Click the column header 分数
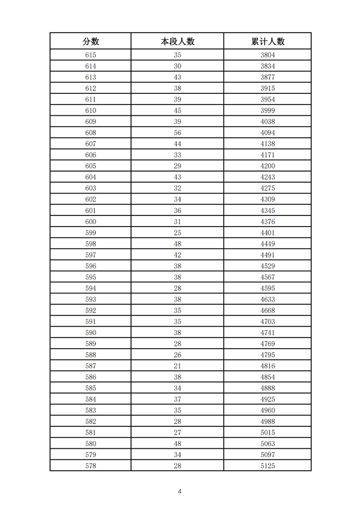(x=91, y=41)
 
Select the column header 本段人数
(x=177, y=41)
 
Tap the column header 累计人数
(x=267, y=41)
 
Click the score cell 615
(x=91, y=55)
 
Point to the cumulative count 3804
(x=267, y=55)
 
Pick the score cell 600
(x=91, y=222)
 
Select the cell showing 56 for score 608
(x=177, y=133)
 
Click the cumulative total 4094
(x=267, y=133)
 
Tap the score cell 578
(x=91, y=466)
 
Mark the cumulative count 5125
(x=267, y=466)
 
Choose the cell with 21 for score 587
(x=177, y=366)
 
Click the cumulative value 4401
(x=267, y=233)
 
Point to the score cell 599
(x=91, y=233)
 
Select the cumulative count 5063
(x=267, y=444)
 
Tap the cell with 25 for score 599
(x=177, y=233)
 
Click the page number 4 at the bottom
(x=179, y=491)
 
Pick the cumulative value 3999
(x=267, y=110)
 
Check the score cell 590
(x=91, y=332)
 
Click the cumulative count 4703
(x=267, y=322)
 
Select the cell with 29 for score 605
(x=177, y=166)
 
